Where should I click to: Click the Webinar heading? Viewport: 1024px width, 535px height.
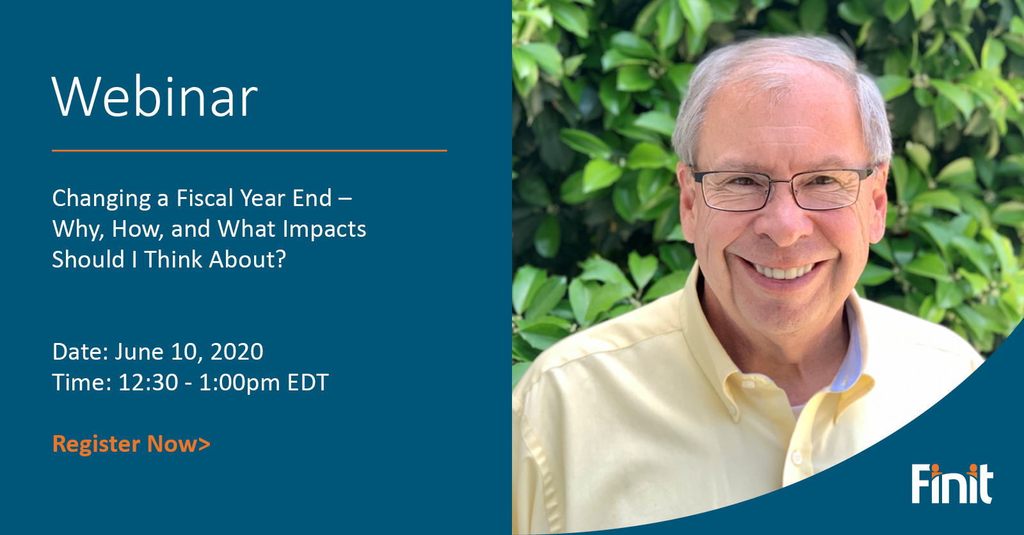(155, 97)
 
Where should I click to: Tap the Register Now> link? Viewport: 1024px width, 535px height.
(132, 444)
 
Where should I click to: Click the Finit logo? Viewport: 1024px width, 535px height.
(952, 484)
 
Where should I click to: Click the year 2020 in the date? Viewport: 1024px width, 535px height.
(237, 351)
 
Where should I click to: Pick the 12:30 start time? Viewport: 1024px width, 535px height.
(148, 382)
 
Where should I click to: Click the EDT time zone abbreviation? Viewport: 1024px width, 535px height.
(308, 382)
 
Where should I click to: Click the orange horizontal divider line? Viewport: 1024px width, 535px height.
(249, 150)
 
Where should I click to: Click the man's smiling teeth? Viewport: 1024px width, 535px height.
(783, 271)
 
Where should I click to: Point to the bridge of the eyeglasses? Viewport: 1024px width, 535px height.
(782, 182)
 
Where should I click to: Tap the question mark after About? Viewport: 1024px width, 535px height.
(280, 259)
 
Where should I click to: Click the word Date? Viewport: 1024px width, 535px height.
(80, 351)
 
